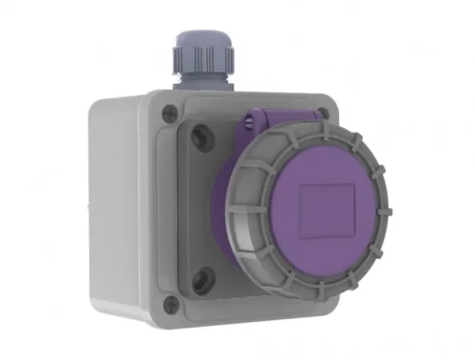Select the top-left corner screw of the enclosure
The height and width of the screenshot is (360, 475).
click(x=171, y=108)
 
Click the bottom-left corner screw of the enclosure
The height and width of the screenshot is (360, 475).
click(x=171, y=304)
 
